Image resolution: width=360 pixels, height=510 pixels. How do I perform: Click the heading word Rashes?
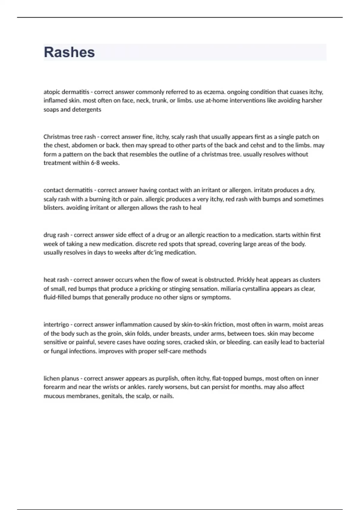[x=69, y=52]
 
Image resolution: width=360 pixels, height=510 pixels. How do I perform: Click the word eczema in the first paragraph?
[x=214, y=92]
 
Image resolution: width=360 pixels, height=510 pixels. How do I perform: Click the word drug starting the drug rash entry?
[x=50, y=235]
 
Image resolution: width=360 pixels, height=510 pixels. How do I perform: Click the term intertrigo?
[x=56, y=325]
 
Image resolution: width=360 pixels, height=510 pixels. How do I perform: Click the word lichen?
[x=51, y=379]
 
